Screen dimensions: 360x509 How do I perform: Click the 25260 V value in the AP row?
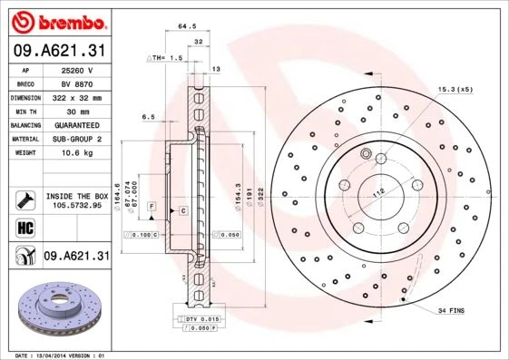(77, 69)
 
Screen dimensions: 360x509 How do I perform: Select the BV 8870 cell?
(76, 83)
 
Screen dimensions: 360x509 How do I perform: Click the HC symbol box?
(25, 227)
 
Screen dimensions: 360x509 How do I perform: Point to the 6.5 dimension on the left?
(148, 116)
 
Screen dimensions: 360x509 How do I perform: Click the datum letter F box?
(152, 207)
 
